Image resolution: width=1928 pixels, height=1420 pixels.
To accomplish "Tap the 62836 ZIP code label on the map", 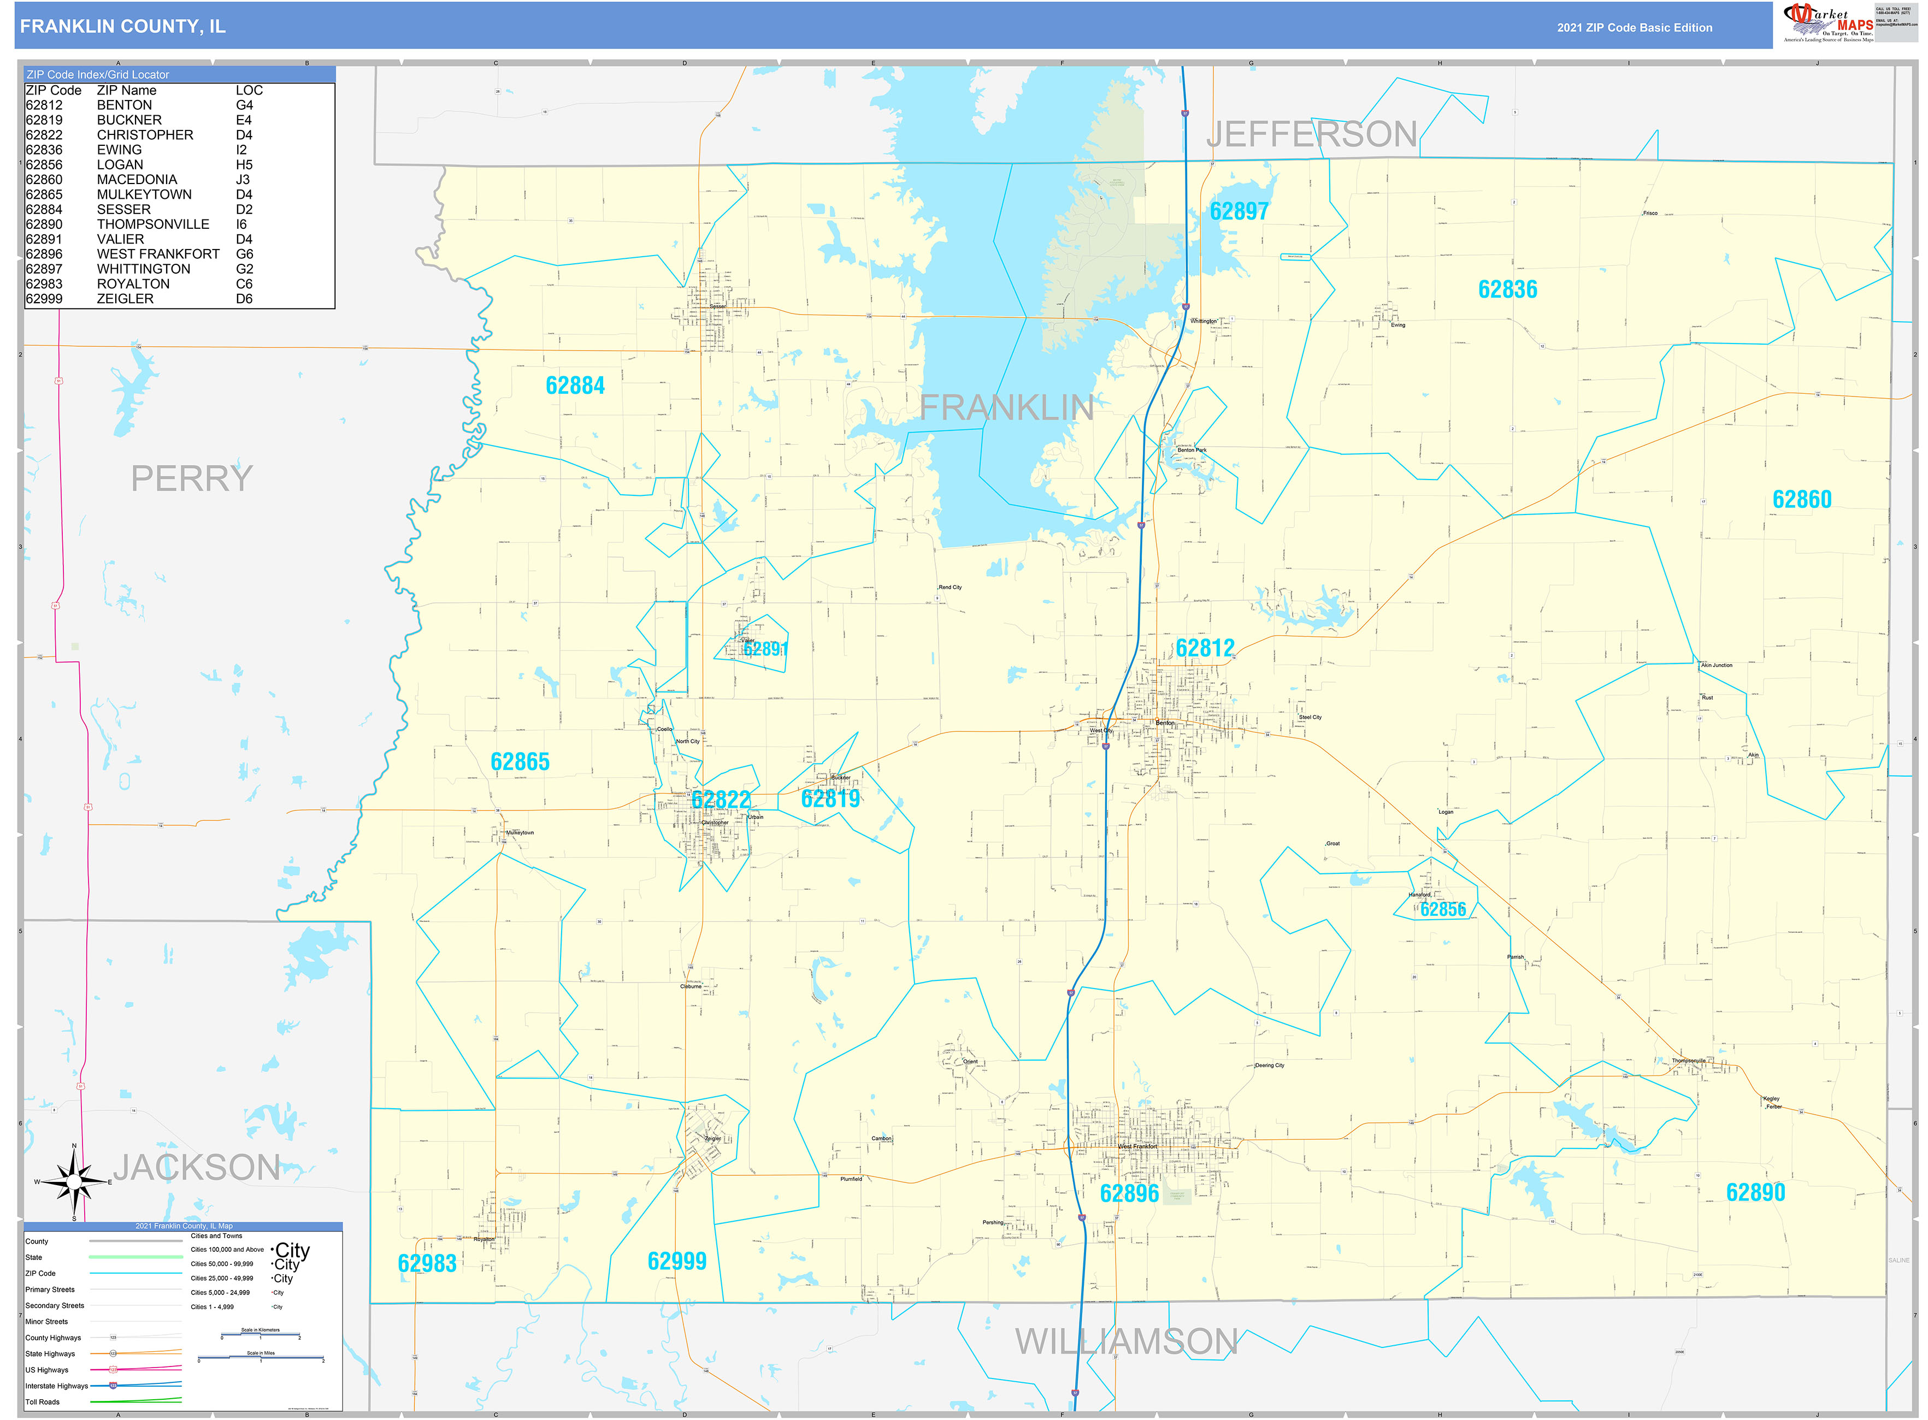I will (x=1507, y=289).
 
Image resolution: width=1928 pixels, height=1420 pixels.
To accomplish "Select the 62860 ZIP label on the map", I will (x=1802, y=499).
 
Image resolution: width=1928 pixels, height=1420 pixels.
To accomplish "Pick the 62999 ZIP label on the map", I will (x=677, y=1261).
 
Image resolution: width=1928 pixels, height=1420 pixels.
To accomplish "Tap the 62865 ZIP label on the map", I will (x=520, y=761).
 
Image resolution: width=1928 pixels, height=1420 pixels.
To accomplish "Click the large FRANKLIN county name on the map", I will (x=1006, y=407).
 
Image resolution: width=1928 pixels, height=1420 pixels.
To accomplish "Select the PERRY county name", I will (x=192, y=478).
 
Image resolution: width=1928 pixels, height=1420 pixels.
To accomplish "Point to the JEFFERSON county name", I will (x=1311, y=134).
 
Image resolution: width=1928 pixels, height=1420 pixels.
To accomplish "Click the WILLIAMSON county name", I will (x=1125, y=1342).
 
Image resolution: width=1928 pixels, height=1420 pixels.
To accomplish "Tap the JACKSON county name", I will (x=197, y=1167).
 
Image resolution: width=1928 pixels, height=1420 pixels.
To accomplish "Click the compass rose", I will (x=74, y=1182).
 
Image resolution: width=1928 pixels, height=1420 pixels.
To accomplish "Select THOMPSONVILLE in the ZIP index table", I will (x=153, y=224).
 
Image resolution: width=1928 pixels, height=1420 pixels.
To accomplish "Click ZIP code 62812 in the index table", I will (x=44, y=105).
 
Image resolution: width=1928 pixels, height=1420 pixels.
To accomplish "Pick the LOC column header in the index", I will (x=249, y=90).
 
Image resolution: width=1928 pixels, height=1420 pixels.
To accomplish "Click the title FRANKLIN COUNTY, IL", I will (x=123, y=27).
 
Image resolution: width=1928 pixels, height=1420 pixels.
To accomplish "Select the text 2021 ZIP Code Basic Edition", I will (x=1634, y=27).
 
